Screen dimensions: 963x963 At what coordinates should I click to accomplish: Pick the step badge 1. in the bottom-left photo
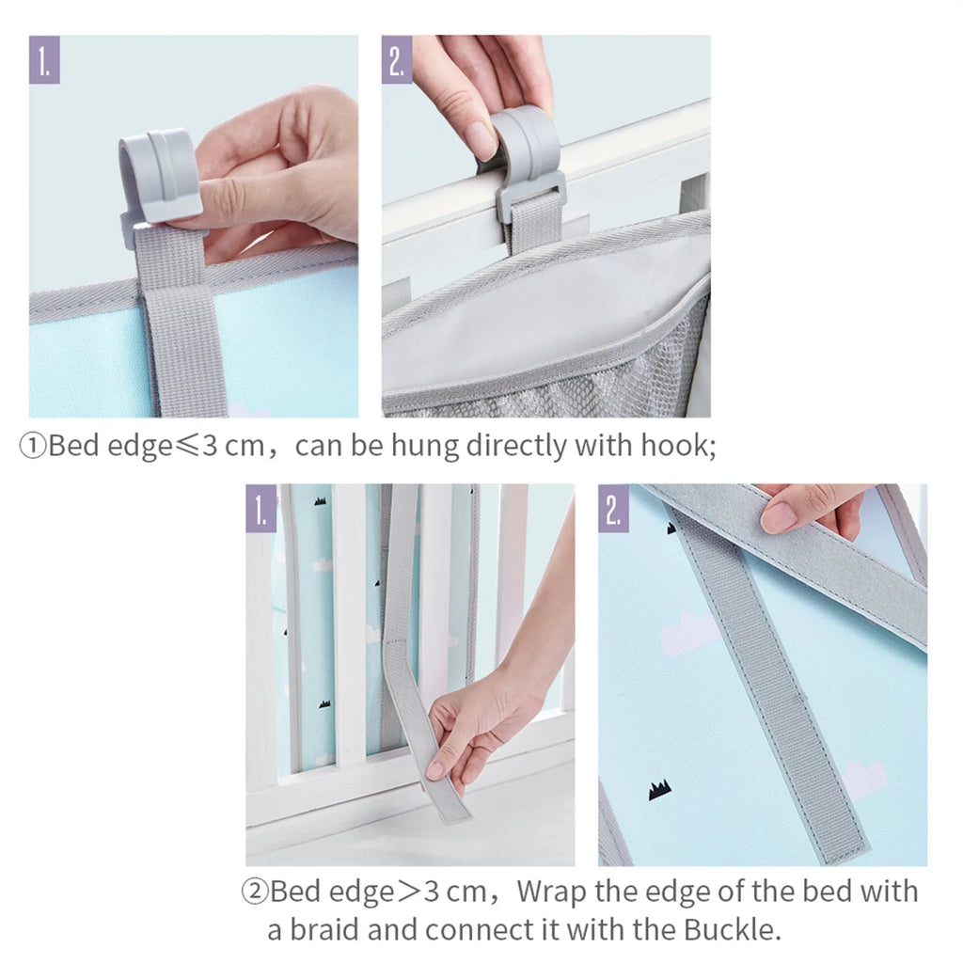point(261,509)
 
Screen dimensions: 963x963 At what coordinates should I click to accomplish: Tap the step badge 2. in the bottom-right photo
point(614,509)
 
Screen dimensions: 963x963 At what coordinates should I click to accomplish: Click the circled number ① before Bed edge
point(33,446)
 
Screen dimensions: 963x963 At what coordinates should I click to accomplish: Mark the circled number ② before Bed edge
point(255,891)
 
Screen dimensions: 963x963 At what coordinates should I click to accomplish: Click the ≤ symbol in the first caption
point(185,446)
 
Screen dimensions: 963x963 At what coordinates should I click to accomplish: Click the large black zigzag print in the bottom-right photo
point(660,791)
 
